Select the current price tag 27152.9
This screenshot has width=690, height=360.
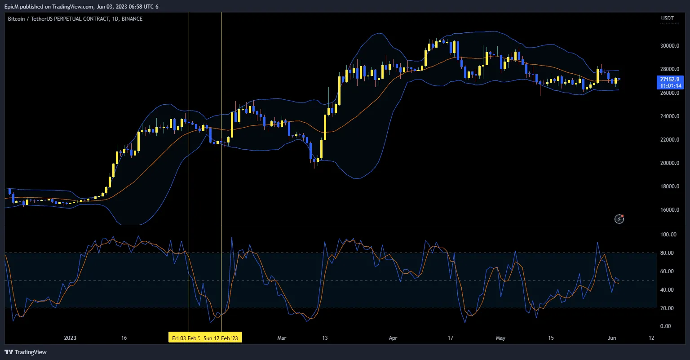669,79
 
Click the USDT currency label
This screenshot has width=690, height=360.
668,18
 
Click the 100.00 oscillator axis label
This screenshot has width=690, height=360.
668,235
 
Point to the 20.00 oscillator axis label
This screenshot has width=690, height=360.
668,308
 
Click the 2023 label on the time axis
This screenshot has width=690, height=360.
70,338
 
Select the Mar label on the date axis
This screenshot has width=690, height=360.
282,338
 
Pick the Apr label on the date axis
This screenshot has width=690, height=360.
393,338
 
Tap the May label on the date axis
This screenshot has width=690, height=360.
500,338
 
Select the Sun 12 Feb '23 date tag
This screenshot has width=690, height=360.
222,338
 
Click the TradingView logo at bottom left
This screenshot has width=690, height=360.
26,352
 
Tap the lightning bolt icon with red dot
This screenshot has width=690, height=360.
619,219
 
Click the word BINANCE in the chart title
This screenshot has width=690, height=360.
132,19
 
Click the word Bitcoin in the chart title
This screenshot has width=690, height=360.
17,19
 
